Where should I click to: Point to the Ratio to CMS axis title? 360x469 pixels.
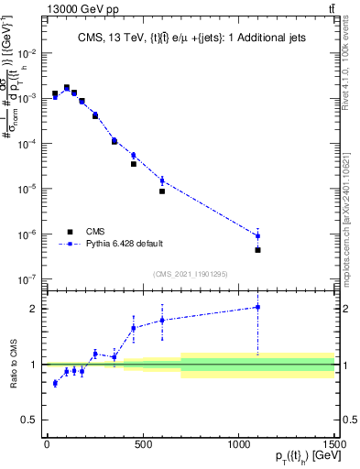click(x=12, y=365)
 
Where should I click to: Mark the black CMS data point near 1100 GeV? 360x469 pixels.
click(x=258, y=249)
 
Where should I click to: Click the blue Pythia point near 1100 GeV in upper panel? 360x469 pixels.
click(x=258, y=235)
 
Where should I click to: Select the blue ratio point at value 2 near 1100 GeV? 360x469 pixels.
click(x=258, y=308)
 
